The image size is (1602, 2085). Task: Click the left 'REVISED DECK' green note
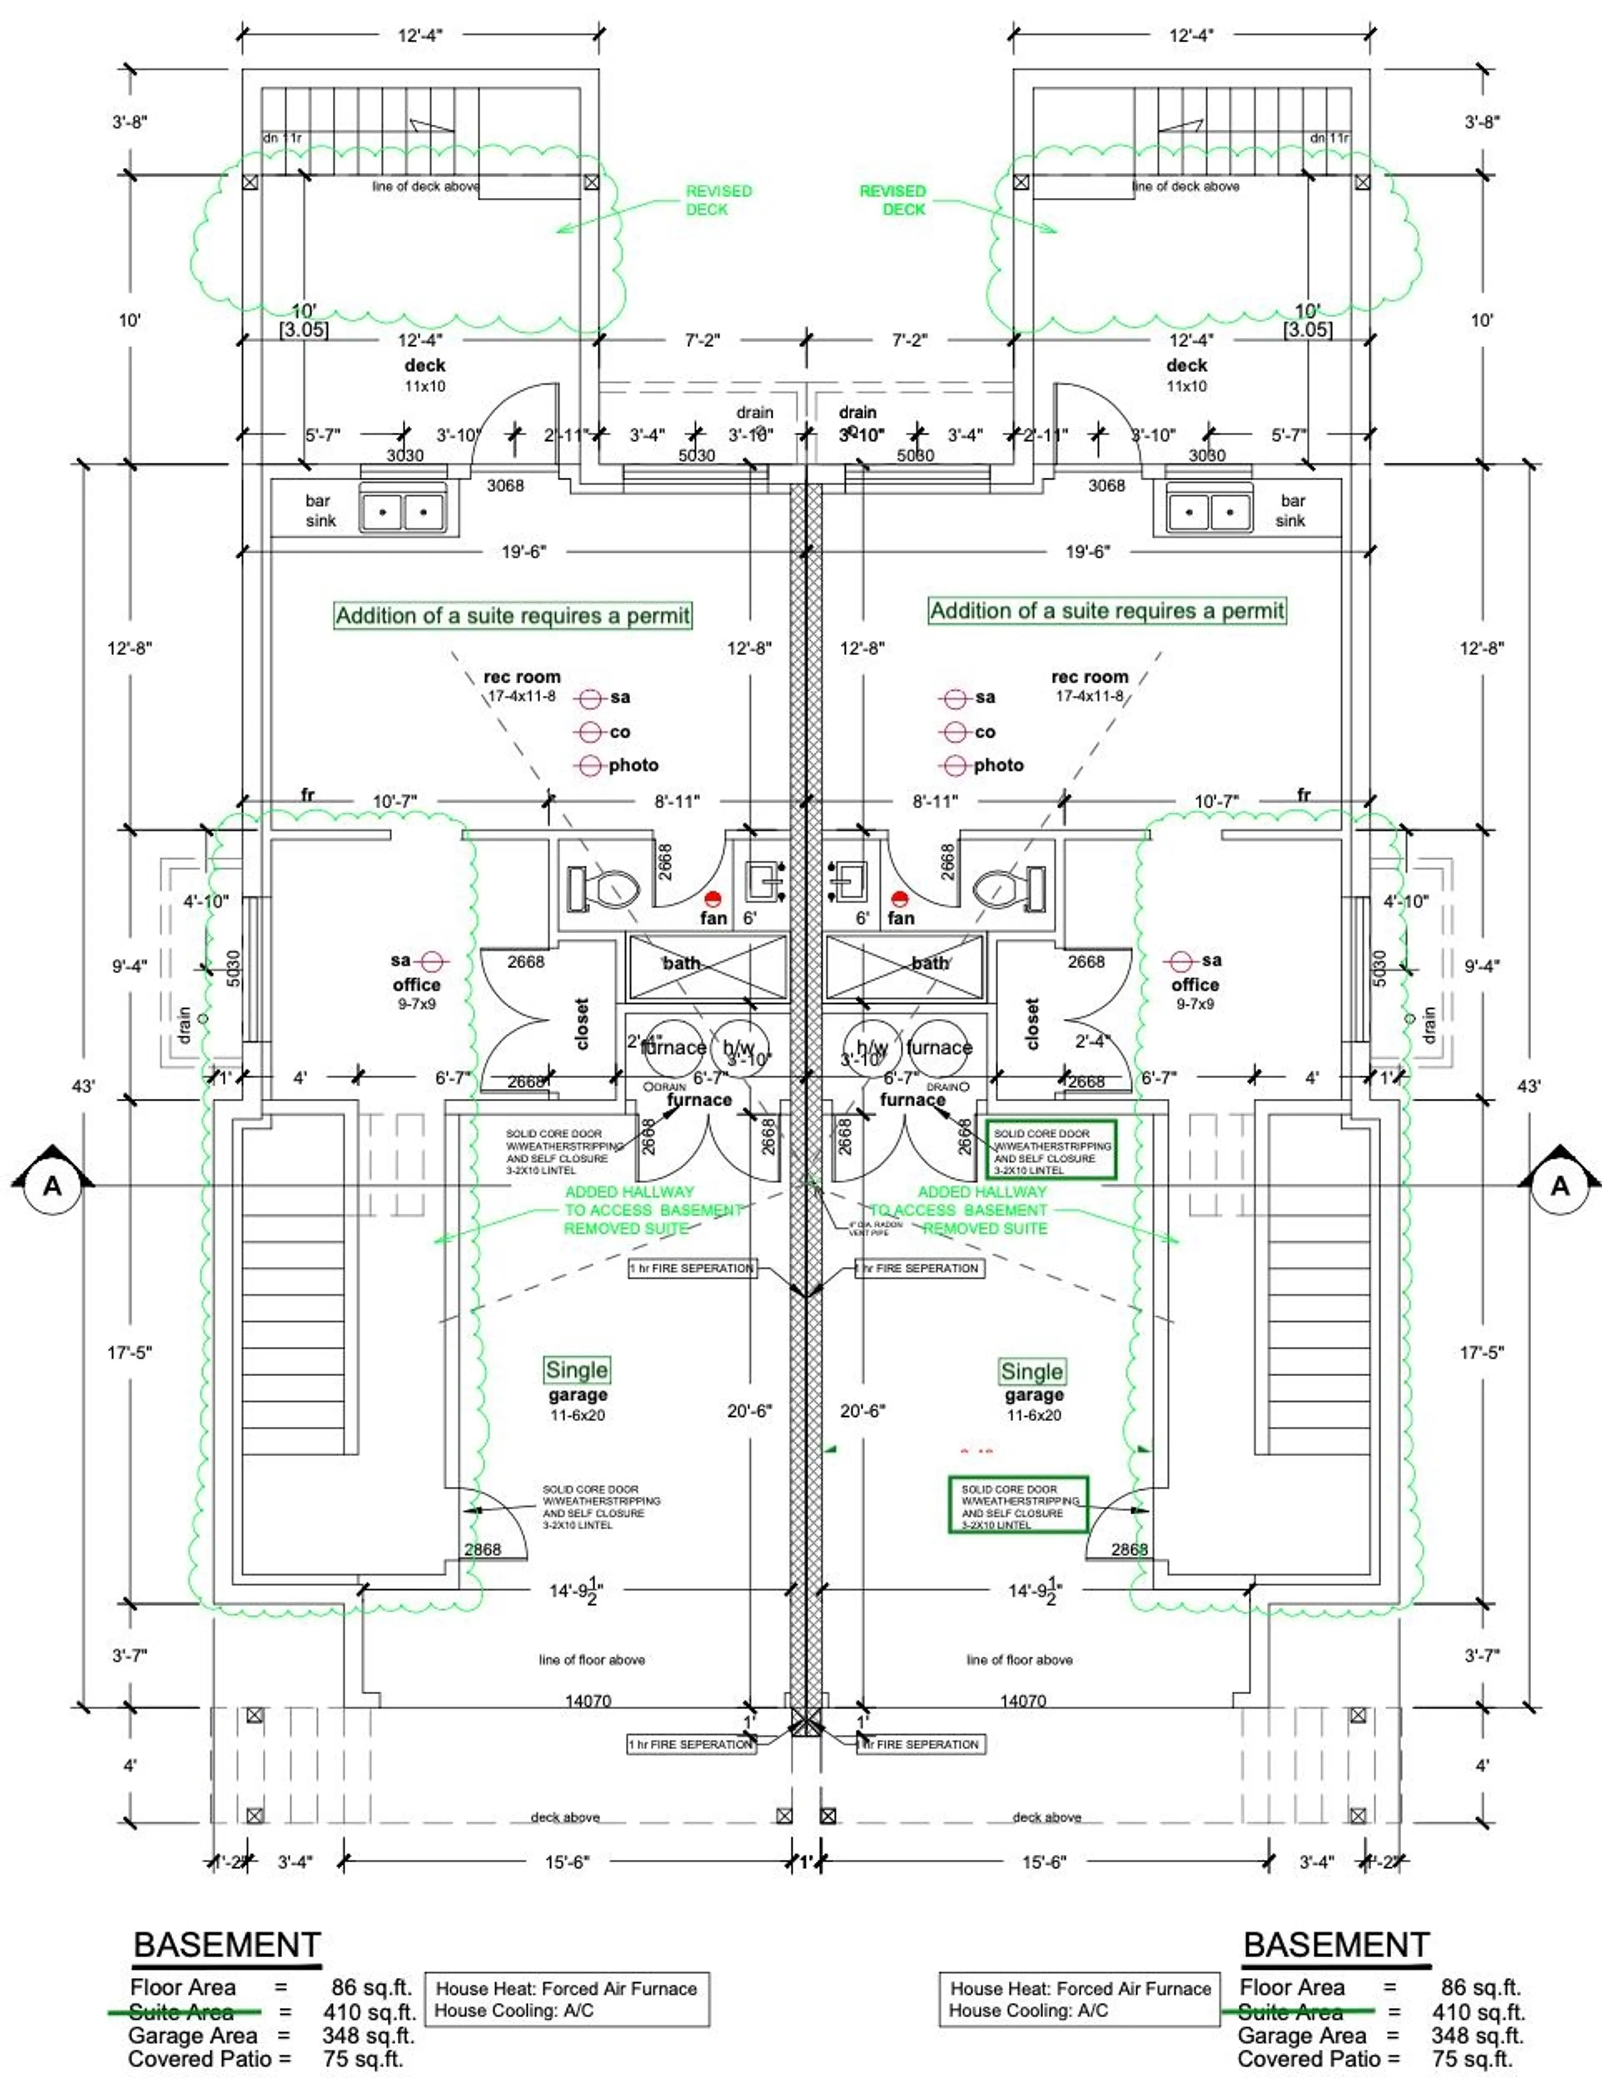point(718,200)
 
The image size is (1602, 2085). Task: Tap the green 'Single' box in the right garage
point(1032,1371)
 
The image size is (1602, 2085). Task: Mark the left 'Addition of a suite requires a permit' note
point(512,616)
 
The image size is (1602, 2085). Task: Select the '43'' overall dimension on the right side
point(1529,1086)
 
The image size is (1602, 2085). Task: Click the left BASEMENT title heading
point(227,1945)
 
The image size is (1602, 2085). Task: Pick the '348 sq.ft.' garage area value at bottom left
point(368,2035)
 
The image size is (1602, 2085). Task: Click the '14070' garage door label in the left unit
point(587,1701)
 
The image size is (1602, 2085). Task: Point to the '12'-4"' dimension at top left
point(420,35)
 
